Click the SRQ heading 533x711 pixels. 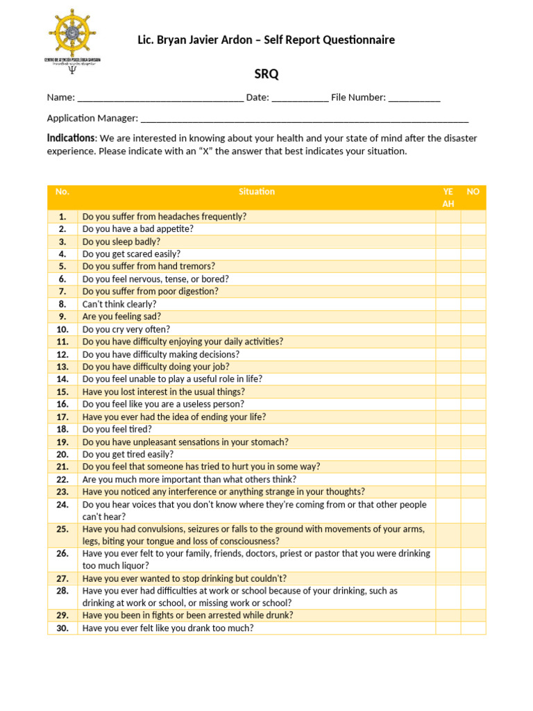[266, 74]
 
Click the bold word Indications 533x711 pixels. [71, 138]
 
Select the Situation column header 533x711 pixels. [257, 192]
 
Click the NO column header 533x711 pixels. [473, 192]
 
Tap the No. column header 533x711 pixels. [62, 192]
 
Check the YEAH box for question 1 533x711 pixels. [448, 217]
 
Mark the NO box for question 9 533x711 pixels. [473, 317]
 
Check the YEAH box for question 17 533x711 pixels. [448, 417]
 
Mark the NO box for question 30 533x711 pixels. [473, 628]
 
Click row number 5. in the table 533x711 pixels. [62, 267]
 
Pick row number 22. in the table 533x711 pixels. [62, 479]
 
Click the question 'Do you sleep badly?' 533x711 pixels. [121, 242]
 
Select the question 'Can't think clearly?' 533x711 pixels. [119, 304]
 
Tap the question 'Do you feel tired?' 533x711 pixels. [117, 429]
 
